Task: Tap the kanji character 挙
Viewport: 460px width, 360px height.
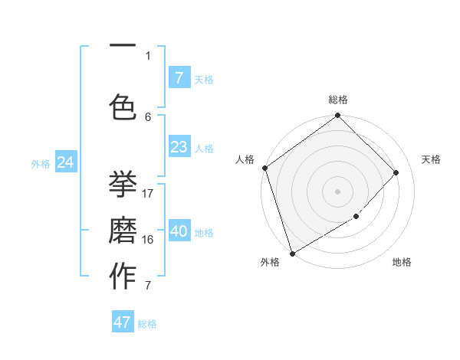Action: (123, 183)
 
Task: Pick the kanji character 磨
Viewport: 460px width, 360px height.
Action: (123, 231)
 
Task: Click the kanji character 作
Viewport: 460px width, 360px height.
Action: (123, 277)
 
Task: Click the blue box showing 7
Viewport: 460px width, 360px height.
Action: (179, 77)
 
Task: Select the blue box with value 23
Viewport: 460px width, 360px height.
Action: (179, 147)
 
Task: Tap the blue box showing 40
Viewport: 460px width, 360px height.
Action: (179, 231)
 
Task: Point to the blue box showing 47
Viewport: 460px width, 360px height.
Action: (123, 322)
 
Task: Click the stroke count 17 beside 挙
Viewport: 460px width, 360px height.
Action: (149, 193)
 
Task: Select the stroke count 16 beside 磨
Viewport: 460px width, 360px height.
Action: (149, 239)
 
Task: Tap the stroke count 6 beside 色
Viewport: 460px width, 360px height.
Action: (149, 116)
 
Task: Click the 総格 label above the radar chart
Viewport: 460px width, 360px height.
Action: (338, 100)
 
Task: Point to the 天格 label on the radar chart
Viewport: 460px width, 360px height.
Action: (432, 159)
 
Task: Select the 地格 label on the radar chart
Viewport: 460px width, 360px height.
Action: (402, 262)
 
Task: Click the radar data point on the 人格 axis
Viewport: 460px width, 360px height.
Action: (264, 168)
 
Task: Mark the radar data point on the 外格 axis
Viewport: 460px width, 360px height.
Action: (291, 253)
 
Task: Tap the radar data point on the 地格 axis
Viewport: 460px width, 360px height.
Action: (356, 217)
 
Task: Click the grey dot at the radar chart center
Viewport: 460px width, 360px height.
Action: (337, 191)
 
